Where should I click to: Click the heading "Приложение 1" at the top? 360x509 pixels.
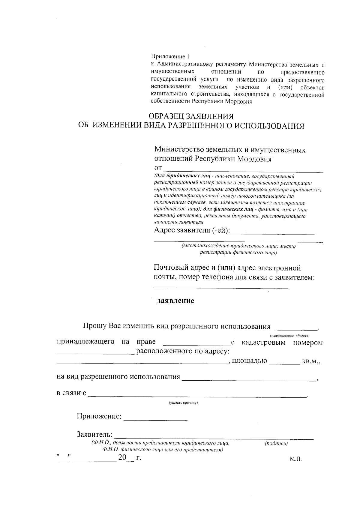[170, 56]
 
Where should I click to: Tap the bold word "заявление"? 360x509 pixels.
[176, 301]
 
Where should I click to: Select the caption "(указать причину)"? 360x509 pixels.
[184, 403]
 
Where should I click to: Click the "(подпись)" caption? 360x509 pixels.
[276, 443]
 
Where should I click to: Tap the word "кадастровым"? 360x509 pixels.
[264, 343]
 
